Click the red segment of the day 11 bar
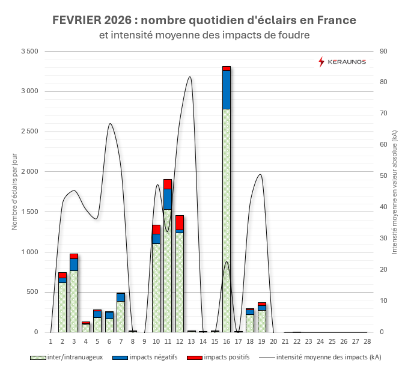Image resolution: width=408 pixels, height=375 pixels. tap(168, 184)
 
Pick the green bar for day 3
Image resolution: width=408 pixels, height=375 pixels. tap(74, 300)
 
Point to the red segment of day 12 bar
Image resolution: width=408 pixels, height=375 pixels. tap(180, 222)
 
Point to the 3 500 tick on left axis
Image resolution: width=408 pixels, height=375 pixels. tap(28, 52)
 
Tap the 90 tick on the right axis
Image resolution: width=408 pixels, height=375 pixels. tap(383, 52)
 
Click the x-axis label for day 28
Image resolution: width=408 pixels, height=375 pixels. tap(367, 341)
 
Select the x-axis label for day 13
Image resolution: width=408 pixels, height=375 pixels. tap(191, 341)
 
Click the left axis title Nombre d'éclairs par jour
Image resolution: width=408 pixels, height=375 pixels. tap(14, 192)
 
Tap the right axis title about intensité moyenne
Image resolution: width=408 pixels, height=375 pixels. tap(395, 192)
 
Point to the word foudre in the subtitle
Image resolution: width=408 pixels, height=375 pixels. tap(293, 35)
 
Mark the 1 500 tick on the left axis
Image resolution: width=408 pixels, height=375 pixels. tap(28, 212)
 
